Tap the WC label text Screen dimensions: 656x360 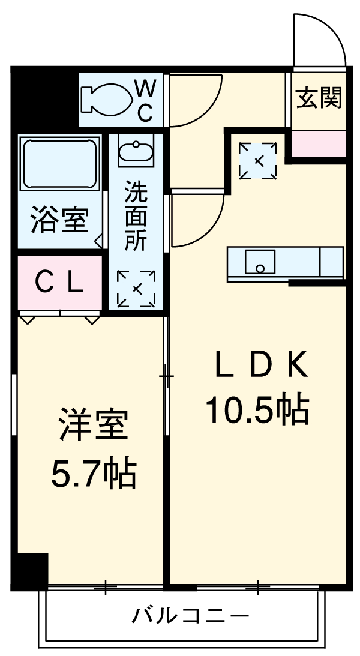[146, 100]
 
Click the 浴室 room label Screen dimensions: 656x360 [60, 220]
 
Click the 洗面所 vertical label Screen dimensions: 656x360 [136, 216]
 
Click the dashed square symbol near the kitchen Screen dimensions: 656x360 [259, 160]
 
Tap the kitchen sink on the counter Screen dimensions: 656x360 [260, 262]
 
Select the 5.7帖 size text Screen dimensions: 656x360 [93, 474]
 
